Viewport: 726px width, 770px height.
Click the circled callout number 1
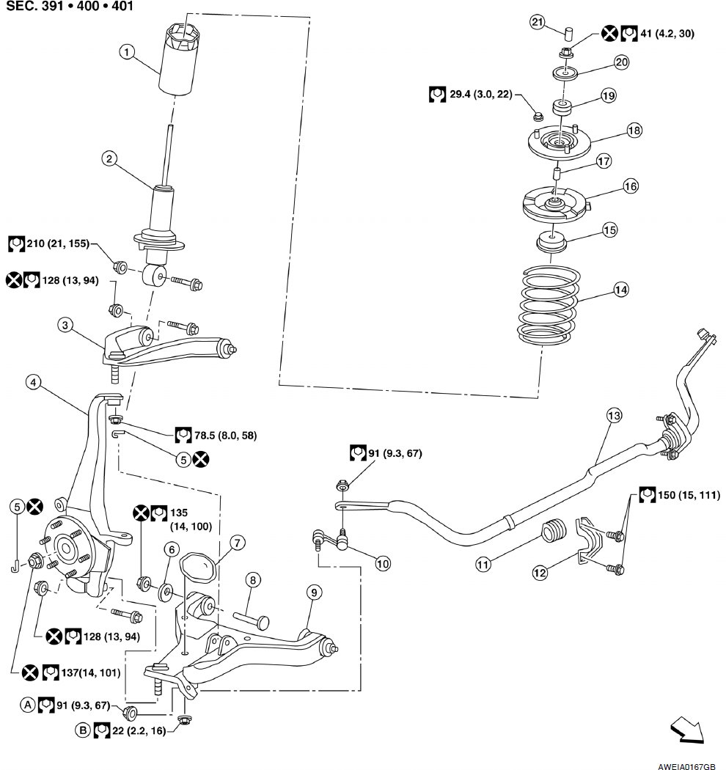(128, 51)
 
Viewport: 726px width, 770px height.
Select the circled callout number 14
(621, 290)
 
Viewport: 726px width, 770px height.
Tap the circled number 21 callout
(538, 22)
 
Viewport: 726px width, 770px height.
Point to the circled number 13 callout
(614, 415)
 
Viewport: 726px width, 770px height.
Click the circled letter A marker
(27, 705)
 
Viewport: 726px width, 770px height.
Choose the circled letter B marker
(83, 730)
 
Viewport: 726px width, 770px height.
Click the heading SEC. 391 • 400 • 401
(70, 9)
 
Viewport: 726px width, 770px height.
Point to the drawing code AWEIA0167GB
(686, 763)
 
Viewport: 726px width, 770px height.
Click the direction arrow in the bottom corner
(686, 730)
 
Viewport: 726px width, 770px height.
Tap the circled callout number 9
(313, 592)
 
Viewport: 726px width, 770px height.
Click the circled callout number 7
(237, 543)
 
